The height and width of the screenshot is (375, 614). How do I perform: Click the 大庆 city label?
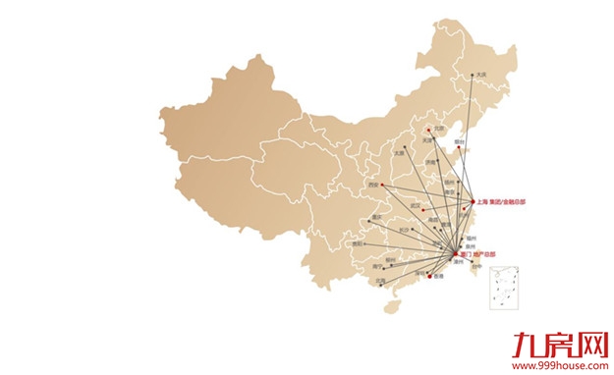480,75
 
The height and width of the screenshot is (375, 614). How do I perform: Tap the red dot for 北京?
429,127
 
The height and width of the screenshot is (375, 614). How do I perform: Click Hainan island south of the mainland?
392,305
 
